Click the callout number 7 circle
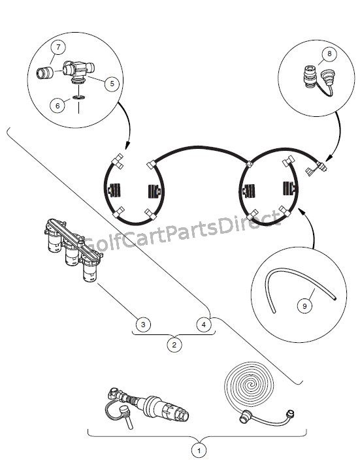pos(58,47)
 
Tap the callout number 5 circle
pos(112,84)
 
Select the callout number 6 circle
pos(57,106)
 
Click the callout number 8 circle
pos(329,54)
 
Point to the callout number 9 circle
pos(304,306)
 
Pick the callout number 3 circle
pos(143,324)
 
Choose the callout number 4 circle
pos(204,324)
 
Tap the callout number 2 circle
pos(174,345)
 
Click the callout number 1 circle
pos(199,451)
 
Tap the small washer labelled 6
pos(79,97)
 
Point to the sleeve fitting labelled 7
pos(45,73)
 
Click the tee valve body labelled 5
pos(78,71)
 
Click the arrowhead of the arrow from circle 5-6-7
pos(127,146)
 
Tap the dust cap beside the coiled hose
pos(290,413)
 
